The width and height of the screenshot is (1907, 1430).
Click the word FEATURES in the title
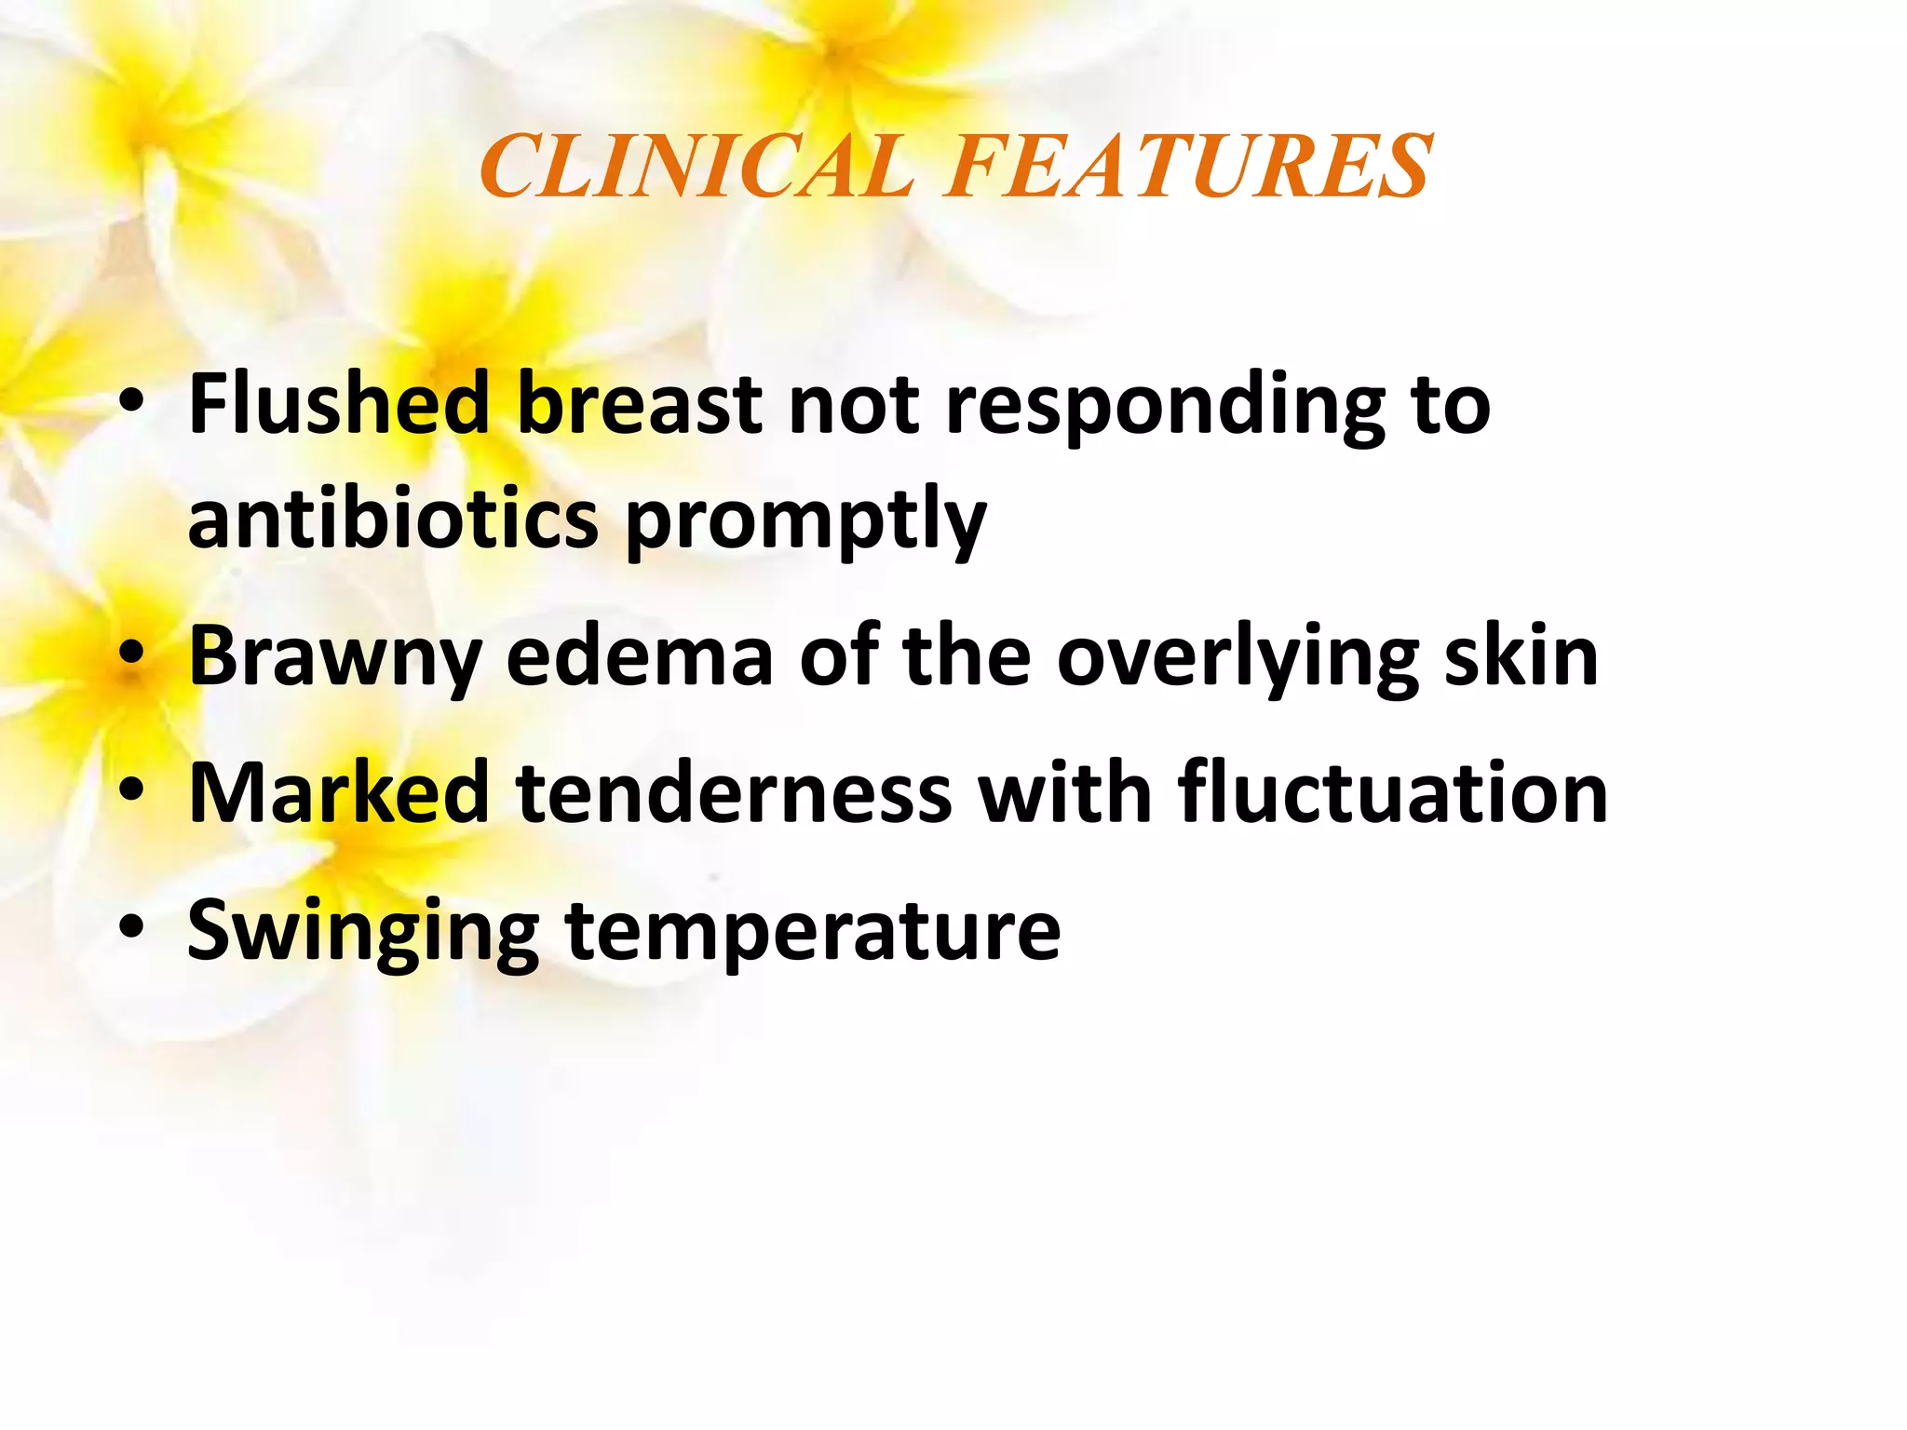click(1188, 167)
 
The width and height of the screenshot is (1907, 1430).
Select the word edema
click(640, 656)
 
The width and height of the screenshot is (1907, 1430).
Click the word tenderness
click(735, 792)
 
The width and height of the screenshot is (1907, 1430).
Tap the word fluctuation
click(1393, 792)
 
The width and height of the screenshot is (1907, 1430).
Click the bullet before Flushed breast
click(132, 404)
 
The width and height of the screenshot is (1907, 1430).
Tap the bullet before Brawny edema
click(132, 656)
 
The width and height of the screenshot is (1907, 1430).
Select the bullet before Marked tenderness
click(132, 792)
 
